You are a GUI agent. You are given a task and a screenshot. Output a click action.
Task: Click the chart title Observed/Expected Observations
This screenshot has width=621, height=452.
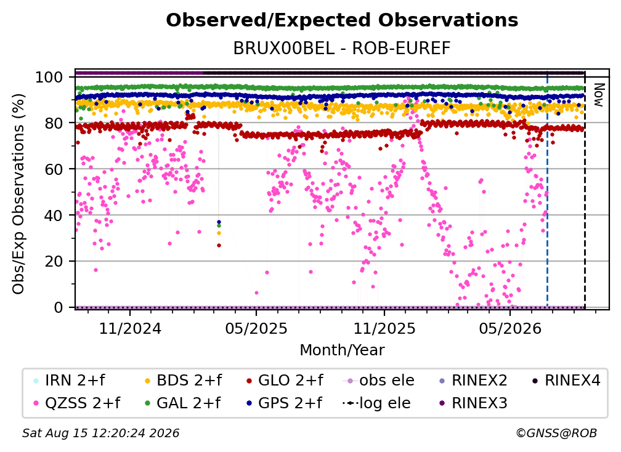point(342,20)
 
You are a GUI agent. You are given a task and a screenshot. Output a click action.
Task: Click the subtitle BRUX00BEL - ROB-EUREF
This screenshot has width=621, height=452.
point(342,49)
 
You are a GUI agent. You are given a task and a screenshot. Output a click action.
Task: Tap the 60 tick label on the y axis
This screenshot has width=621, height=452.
point(54,169)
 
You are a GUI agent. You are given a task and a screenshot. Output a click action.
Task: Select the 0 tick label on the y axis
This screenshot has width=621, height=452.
point(58,307)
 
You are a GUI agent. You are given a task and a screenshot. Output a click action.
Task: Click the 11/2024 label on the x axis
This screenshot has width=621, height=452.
point(130,328)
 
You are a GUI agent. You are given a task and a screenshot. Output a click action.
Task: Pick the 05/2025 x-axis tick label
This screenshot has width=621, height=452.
point(256,328)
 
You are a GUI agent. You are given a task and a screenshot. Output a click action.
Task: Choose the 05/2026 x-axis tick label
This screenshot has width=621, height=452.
point(509,328)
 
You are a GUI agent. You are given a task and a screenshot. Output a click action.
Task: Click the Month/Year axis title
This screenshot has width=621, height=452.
point(342,350)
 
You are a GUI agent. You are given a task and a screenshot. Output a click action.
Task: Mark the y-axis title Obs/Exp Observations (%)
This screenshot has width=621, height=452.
point(18,194)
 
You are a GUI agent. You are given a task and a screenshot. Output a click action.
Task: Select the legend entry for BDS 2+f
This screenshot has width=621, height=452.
point(184,381)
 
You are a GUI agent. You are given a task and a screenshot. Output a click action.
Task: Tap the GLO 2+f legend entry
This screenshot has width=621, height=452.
point(285,381)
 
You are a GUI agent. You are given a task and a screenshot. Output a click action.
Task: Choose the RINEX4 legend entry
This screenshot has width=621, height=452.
point(567,381)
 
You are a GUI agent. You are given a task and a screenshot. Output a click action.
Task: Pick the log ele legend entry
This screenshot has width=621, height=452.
point(376,403)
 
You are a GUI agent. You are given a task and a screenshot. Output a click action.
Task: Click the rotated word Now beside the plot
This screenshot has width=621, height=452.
point(598,95)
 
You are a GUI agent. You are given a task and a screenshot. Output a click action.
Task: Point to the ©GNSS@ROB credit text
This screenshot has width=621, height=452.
point(556,433)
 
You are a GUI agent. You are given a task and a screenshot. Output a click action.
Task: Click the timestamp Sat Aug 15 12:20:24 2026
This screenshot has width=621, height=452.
point(100,433)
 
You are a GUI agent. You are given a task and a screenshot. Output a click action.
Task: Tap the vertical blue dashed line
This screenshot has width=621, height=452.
point(547,189)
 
